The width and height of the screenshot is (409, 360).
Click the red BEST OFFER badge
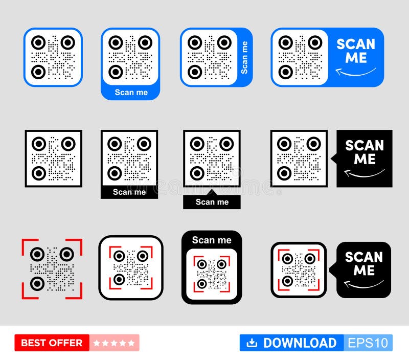pyautogui.click(x=52, y=343)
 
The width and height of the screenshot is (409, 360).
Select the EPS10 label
pyautogui.click(x=368, y=343)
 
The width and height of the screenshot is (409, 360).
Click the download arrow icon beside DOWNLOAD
pyautogui.click(x=252, y=343)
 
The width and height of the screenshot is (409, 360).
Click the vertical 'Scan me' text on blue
pyautogui.click(x=244, y=57)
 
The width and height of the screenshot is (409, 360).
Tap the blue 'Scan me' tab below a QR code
pyautogui.click(x=131, y=92)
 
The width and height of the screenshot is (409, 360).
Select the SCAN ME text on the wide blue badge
pyautogui.click(x=356, y=51)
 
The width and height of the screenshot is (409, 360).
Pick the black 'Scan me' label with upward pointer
pyautogui.click(x=212, y=201)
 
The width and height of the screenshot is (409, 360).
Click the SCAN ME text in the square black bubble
pyautogui.click(x=365, y=152)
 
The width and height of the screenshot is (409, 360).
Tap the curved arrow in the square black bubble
pyautogui.click(x=364, y=174)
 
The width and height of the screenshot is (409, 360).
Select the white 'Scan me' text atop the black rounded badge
pyautogui.click(x=212, y=240)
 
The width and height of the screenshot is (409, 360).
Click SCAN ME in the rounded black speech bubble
pyautogui.click(x=363, y=263)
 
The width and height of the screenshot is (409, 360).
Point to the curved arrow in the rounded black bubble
pyautogui.click(x=363, y=283)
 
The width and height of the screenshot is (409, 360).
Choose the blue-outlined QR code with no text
pyautogui.click(x=53, y=57)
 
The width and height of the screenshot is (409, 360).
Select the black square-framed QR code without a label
pyautogui.click(x=53, y=159)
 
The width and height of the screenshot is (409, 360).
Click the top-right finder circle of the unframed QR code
pyautogui.click(x=66, y=254)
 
